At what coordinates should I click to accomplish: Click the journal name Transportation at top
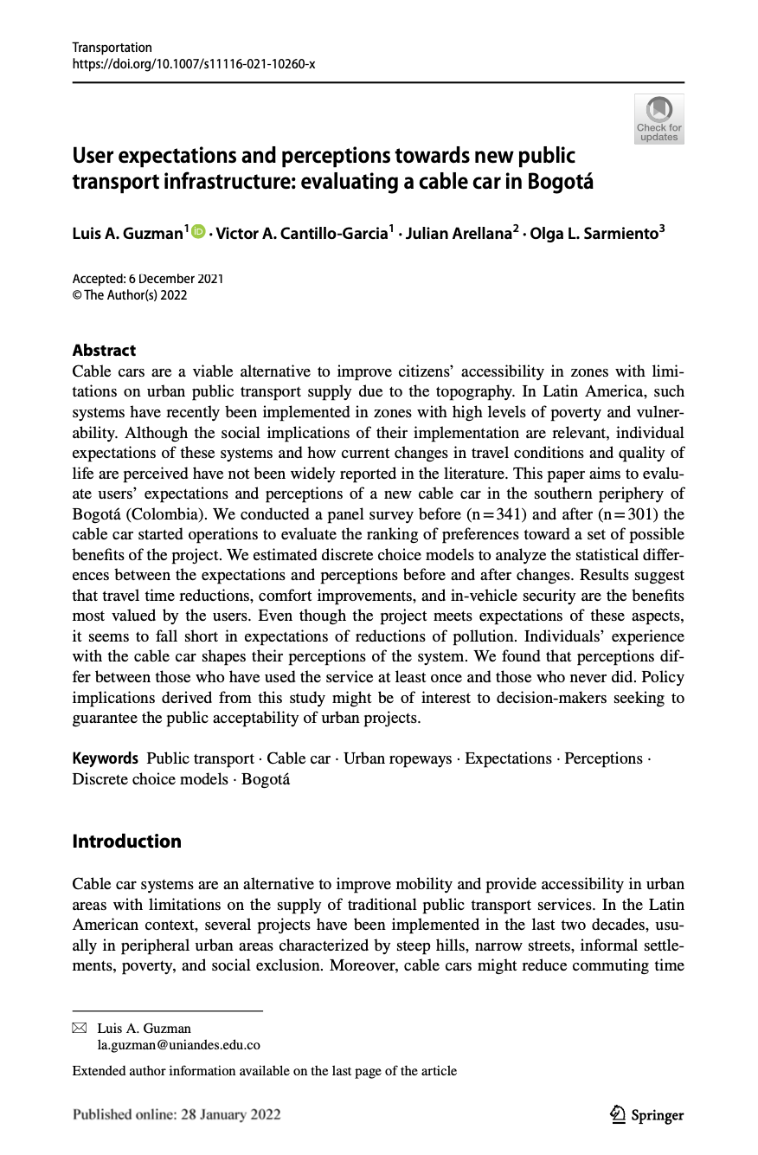point(112,48)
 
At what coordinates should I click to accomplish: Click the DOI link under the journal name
point(193,63)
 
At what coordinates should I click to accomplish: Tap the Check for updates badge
point(658,119)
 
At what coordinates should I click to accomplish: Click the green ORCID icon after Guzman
point(197,232)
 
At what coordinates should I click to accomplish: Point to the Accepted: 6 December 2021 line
point(147,279)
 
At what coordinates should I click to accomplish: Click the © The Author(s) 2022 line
point(130,295)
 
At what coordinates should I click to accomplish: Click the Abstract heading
point(104,351)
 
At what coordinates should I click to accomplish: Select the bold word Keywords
point(105,758)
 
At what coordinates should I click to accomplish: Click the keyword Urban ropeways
point(397,758)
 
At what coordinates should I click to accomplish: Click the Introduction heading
point(126,842)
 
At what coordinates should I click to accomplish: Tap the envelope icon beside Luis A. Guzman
point(80,1029)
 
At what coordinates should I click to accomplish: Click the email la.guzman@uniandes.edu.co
point(178,1045)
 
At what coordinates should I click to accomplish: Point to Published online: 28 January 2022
point(177,1115)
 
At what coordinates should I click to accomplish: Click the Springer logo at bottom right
point(646,1115)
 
